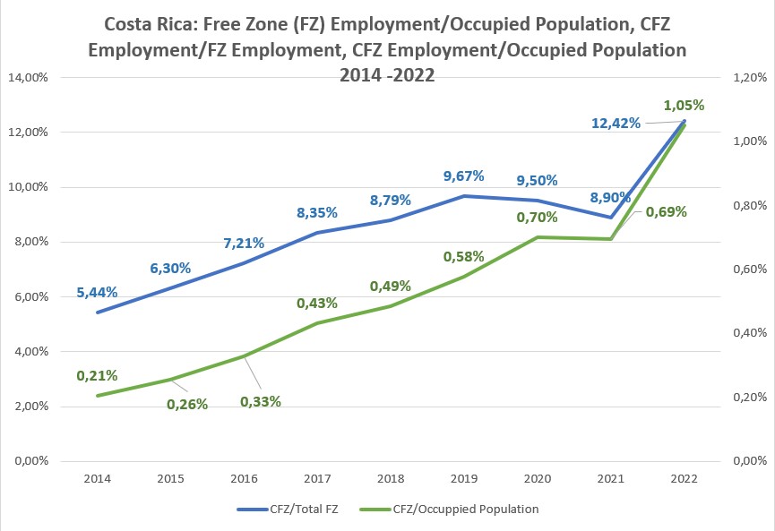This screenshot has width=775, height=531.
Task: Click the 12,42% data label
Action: point(616,124)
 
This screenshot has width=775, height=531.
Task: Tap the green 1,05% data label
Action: point(683,105)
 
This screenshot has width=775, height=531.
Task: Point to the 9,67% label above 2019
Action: point(463,176)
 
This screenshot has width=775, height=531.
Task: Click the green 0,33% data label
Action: point(261,401)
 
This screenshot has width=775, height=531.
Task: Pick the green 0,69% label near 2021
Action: point(666,212)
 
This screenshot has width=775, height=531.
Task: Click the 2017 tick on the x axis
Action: point(318,479)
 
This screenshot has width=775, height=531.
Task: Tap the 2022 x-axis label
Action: point(684,479)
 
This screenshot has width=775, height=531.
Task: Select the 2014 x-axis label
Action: point(98,479)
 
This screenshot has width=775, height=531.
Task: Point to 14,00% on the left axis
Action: point(30,78)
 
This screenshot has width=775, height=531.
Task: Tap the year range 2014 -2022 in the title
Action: point(387,75)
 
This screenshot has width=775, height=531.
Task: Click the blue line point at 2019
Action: point(464,196)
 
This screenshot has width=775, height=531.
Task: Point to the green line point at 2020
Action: point(538,237)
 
